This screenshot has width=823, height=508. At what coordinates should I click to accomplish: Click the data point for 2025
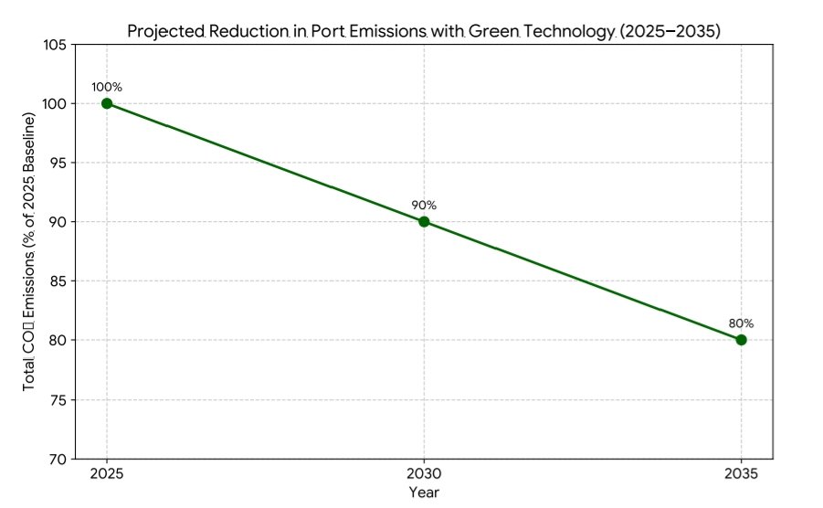point(107,103)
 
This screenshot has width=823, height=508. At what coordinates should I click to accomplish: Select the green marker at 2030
point(424,221)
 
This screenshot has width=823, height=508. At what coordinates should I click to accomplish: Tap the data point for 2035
point(741,340)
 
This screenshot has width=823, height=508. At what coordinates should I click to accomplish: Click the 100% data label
point(107,87)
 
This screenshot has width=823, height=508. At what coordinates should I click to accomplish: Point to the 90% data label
point(424,205)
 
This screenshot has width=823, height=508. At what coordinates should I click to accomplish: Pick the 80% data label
point(741,323)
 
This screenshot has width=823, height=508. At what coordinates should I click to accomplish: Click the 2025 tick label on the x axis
point(107,474)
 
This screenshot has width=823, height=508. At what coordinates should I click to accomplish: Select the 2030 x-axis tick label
point(424,474)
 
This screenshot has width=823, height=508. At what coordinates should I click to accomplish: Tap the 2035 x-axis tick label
point(741,474)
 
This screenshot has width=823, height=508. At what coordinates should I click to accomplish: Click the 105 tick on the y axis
point(54,45)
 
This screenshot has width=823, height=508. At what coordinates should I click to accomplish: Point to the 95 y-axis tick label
point(58,163)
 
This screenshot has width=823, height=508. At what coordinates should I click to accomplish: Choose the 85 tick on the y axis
point(58,281)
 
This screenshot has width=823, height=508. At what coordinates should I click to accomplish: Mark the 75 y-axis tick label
point(58,399)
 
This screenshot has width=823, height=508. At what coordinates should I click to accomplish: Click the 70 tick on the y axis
point(58,459)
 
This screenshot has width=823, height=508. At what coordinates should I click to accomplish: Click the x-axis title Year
point(424,492)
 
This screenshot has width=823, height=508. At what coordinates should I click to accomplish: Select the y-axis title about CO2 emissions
point(30,251)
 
